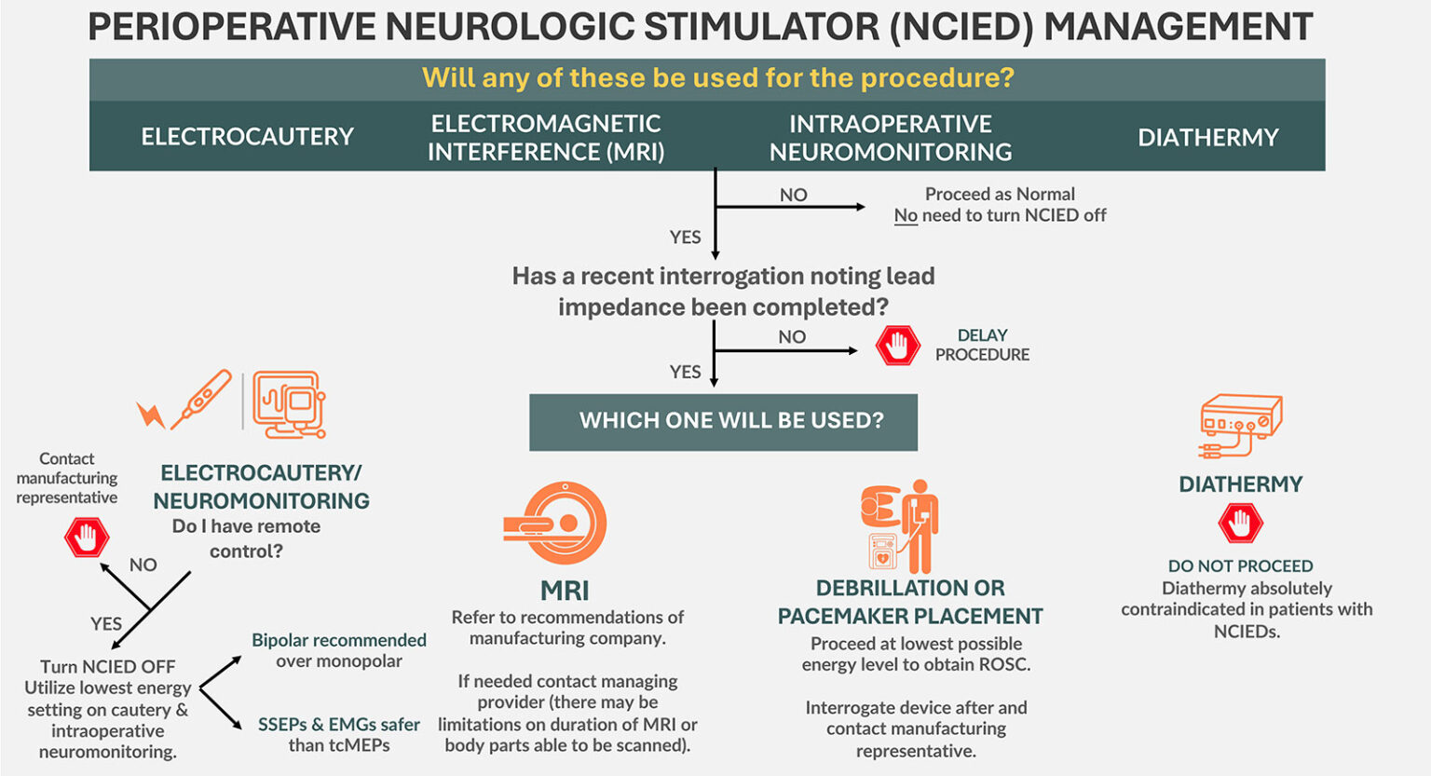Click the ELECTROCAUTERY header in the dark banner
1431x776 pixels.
click(x=247, y=137)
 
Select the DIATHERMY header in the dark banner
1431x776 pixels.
click(x=1207, y=138)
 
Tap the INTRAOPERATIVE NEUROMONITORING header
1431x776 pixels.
click(x=890, y=138)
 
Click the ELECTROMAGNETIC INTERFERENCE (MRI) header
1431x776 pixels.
click(x=546, y=138)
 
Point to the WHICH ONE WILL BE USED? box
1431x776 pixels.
click(x=723, y=421)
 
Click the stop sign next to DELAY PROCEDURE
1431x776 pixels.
click(x=897, y=346)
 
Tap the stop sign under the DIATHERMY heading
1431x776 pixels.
click(x=1240, y=524)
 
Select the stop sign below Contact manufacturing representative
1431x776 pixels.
click(x=87, y=538)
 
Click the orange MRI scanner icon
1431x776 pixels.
click(x=556, y=524)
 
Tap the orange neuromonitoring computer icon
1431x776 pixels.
click(x=289, y=404)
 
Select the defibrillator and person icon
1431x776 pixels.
click(x=899, y=526)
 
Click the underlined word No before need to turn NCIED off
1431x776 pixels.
click(x=906, y=215)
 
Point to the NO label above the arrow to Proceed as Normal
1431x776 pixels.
click(x=793, y=195)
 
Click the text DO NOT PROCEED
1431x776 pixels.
click(x=1240, y=566)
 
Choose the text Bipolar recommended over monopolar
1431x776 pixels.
click(x=339, y=650)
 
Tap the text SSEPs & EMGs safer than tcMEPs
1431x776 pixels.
click(x=339, y=734)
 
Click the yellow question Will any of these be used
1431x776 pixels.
click(x=717, y=77)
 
